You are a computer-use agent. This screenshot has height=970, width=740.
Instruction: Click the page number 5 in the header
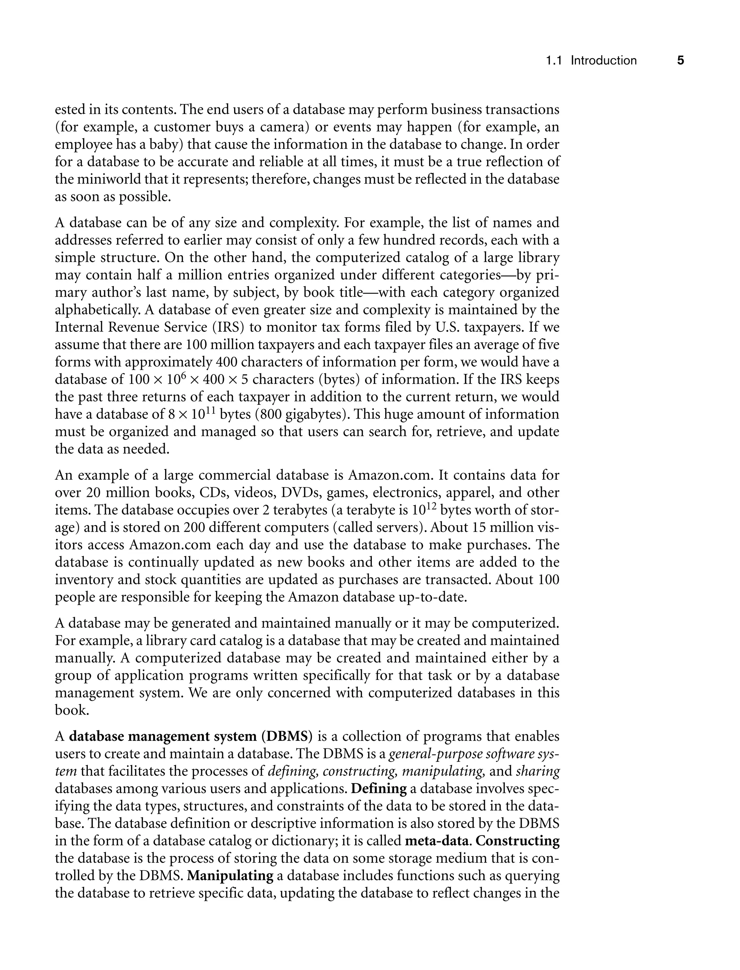click(x=680, y=60)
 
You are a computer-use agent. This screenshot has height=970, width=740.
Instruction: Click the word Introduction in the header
click(x=603, y=60)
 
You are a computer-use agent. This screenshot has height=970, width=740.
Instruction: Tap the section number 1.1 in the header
click(x=554, y=60)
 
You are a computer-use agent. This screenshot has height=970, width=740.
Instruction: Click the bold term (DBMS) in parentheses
click(x=286, y=737)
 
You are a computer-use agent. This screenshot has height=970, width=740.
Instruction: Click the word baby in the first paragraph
click(x=168, y=145)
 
